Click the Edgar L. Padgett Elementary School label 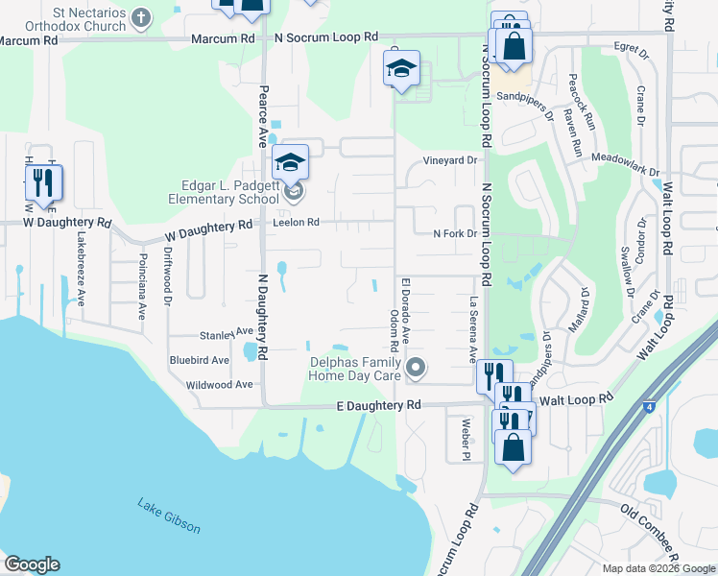pos(216,193)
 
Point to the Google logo pos(31,564)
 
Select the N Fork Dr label pos(454,234)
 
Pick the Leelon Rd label pos(295,222)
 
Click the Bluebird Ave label pos(200,361)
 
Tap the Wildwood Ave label pos(220,384)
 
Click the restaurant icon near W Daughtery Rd pos(42,182)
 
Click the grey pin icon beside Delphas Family pos(416,366)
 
